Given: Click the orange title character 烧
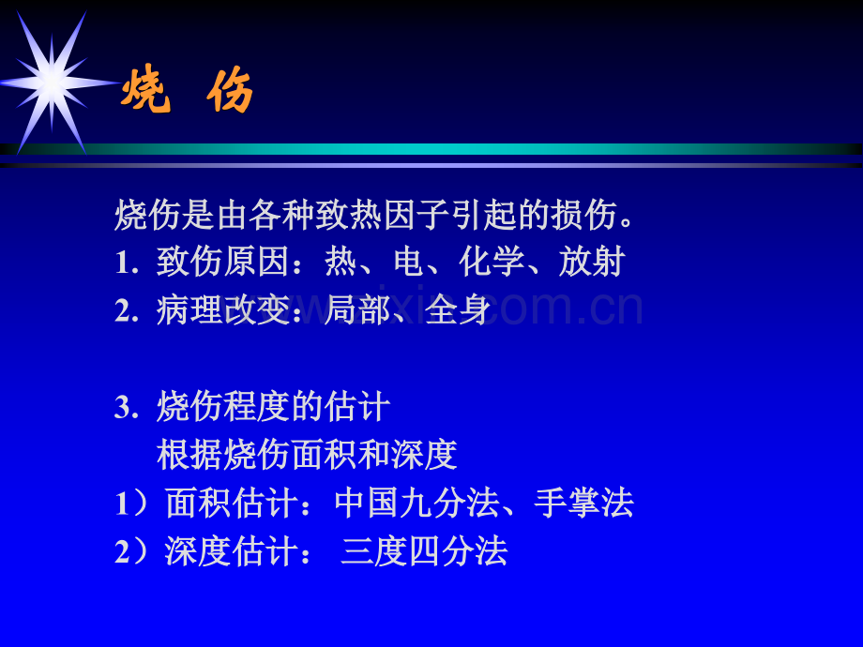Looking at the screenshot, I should click(146, 92).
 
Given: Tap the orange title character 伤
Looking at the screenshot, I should click(231, 92).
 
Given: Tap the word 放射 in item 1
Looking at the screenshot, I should click(592, 263).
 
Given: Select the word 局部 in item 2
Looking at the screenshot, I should click(357, 310).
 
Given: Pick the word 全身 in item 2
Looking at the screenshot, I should click(459, 310).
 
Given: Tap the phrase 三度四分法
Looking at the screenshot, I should click(425, 551).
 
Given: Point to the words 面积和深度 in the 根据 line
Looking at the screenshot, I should click(374, 455).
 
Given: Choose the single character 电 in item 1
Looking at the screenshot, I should click(408, 263).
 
